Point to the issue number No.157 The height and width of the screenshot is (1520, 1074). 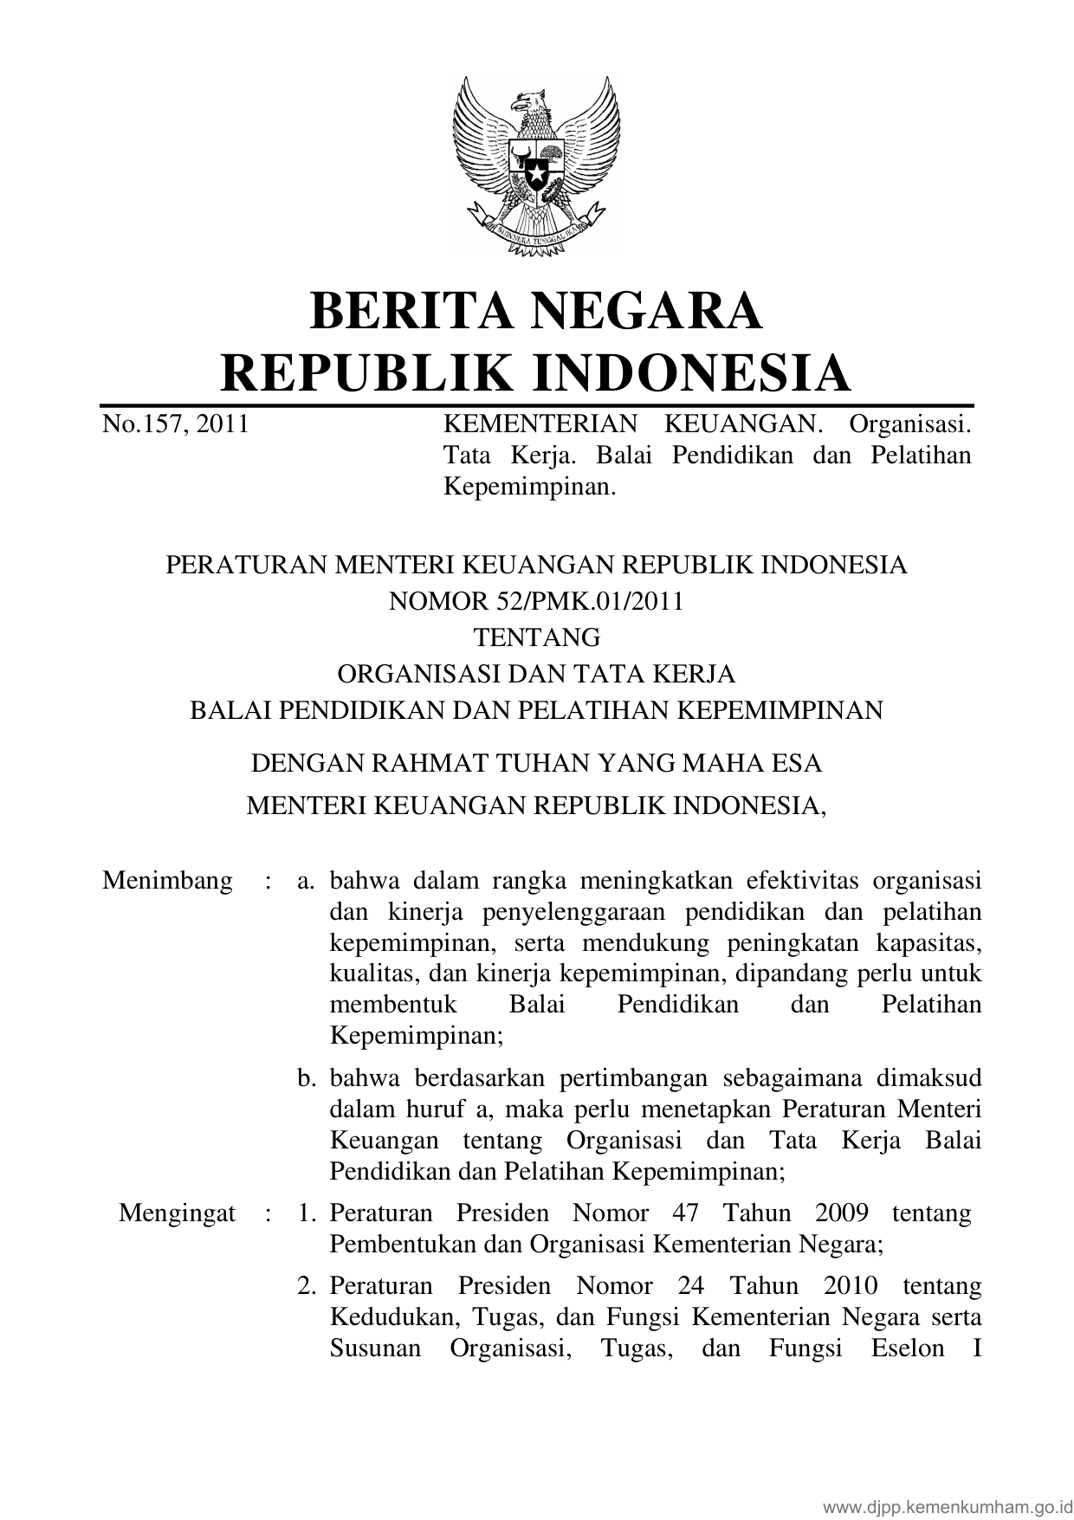pos(144,424)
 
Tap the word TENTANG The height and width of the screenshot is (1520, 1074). pos(536,637)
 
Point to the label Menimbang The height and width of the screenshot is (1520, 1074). pos(167,881)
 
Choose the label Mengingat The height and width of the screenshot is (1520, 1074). pos(177,1213)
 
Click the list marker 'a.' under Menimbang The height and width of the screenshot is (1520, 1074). pos(305,881)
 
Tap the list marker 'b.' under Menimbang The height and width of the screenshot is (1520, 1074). pos(305,1078)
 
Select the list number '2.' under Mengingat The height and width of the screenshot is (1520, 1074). pos(306,1285)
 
